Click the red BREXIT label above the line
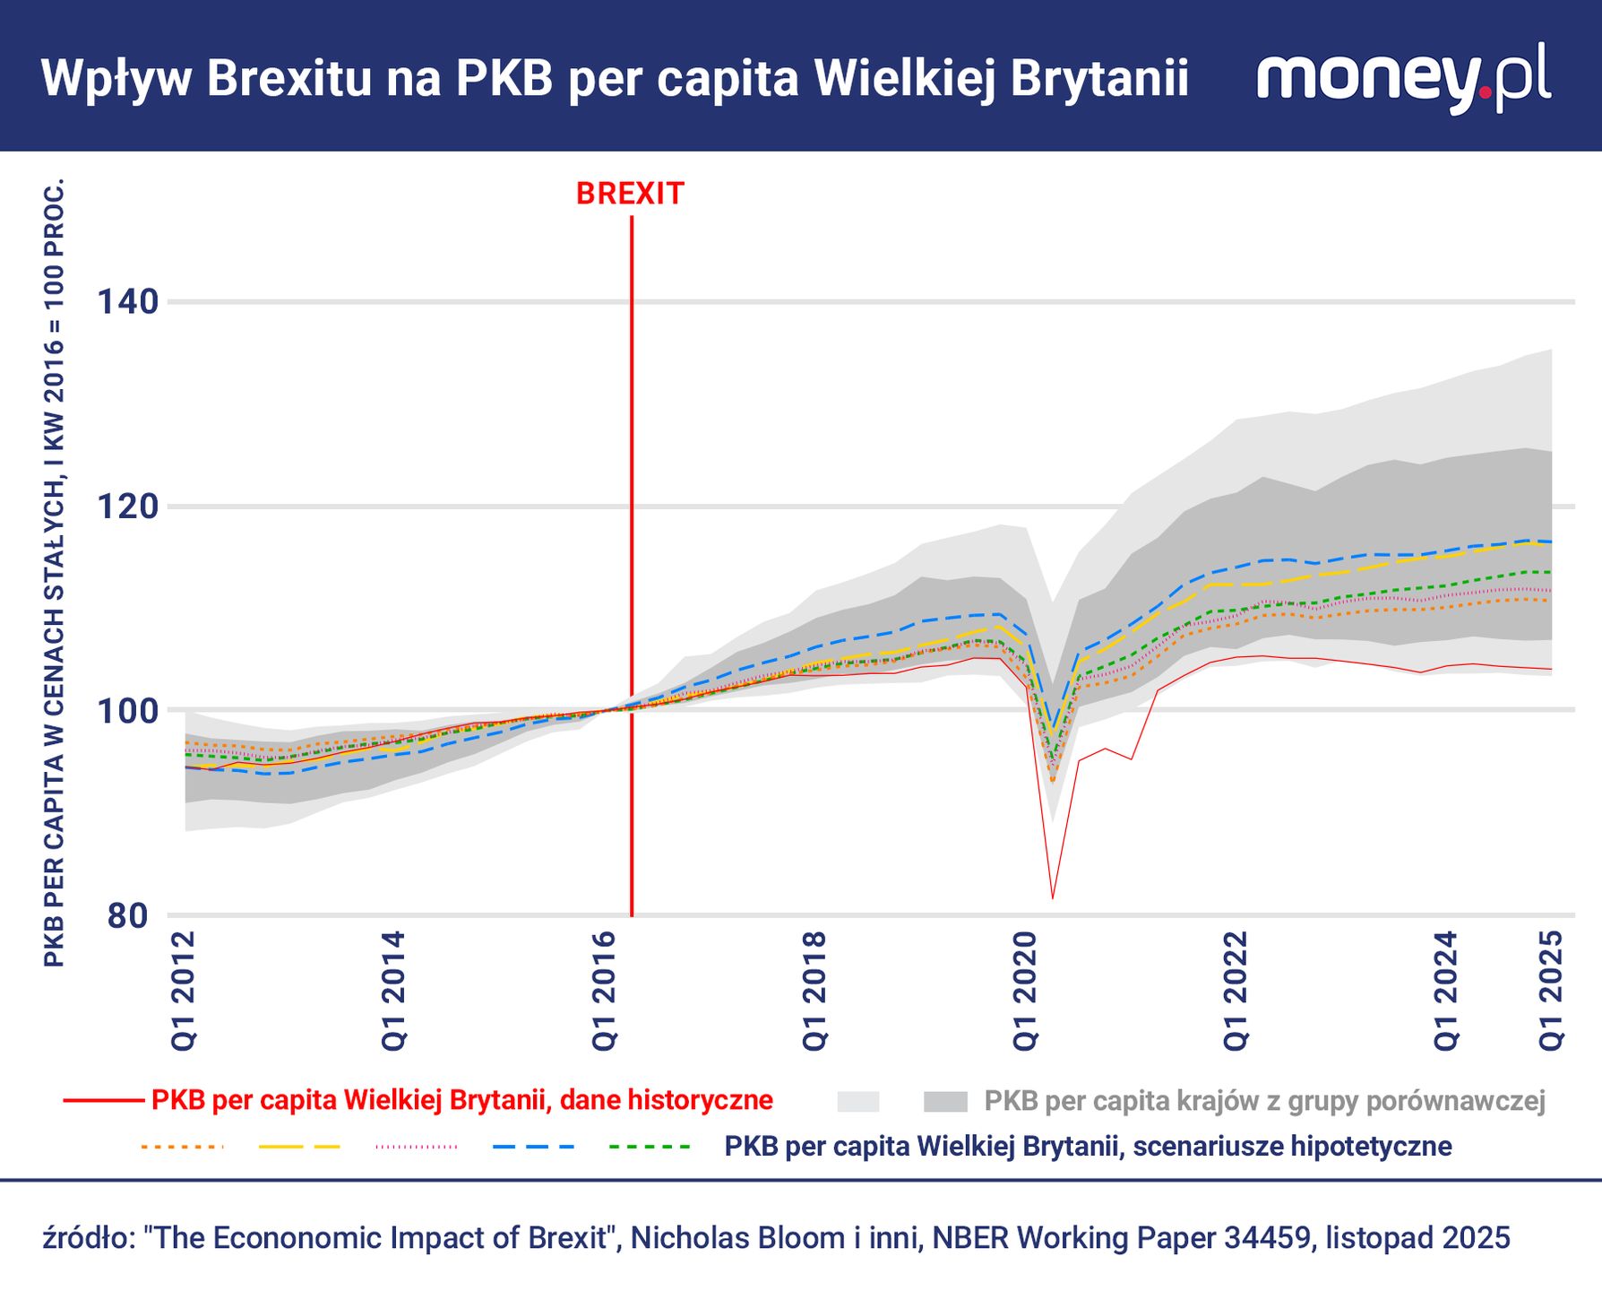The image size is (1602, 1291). pos(630,194)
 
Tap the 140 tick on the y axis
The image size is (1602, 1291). pos(127,301)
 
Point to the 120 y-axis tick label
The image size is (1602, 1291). pos(127,507)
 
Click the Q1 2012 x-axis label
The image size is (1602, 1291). pos(184,991)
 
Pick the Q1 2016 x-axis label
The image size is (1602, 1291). pos(605,991)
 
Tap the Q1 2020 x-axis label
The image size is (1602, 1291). pos(1026,991)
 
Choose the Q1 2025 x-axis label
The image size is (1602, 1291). pos(1552,991)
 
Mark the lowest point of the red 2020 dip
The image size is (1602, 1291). pos(1053,897)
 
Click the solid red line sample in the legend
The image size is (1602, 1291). pos(103,1101)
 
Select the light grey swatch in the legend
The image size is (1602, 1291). pos(857,1102)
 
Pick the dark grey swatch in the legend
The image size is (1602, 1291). pos(945,1102)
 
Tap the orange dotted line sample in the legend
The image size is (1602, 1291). pos(181,1147)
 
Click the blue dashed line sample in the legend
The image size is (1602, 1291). pos(532,1147)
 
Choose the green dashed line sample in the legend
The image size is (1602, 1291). pos(650,1147)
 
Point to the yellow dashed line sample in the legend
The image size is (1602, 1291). pos(299,1147)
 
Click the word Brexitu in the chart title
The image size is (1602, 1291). pos(289,79)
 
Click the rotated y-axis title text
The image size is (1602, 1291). pos(54,574)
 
